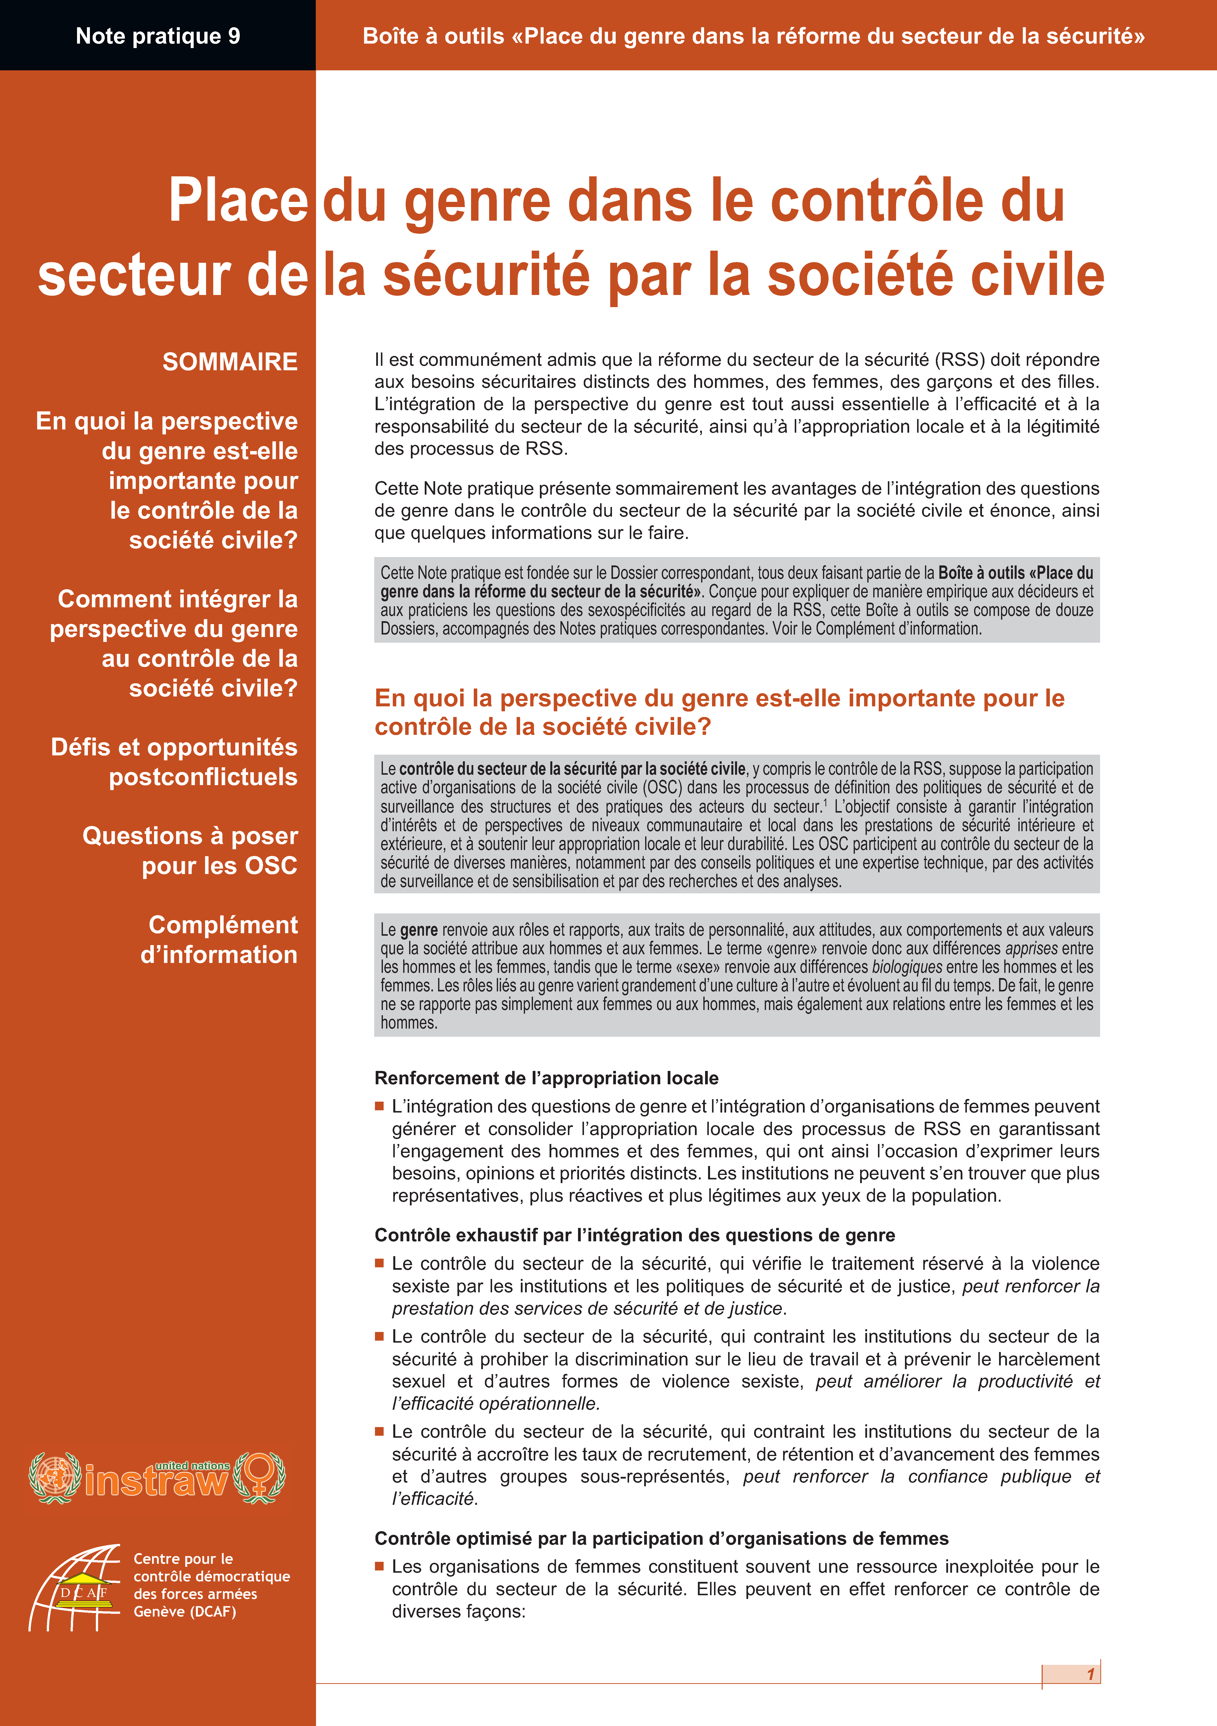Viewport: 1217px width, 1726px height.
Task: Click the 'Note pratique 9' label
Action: click(x=158, y=36)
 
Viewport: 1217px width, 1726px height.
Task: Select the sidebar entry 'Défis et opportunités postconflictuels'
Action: click(x=174, y=762)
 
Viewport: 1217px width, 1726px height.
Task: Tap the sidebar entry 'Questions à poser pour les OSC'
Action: click(x=190, y=850)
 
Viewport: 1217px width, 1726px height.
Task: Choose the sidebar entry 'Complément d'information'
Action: click(x=219, y=939)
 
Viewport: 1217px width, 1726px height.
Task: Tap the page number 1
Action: click(x=1090, y=1674)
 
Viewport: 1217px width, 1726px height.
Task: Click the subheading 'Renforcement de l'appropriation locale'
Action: click(x=547, y=1078)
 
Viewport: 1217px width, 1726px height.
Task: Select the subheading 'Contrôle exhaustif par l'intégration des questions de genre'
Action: click(x=635, y=1235)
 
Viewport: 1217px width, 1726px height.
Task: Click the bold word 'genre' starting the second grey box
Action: click(x=419, y=930)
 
